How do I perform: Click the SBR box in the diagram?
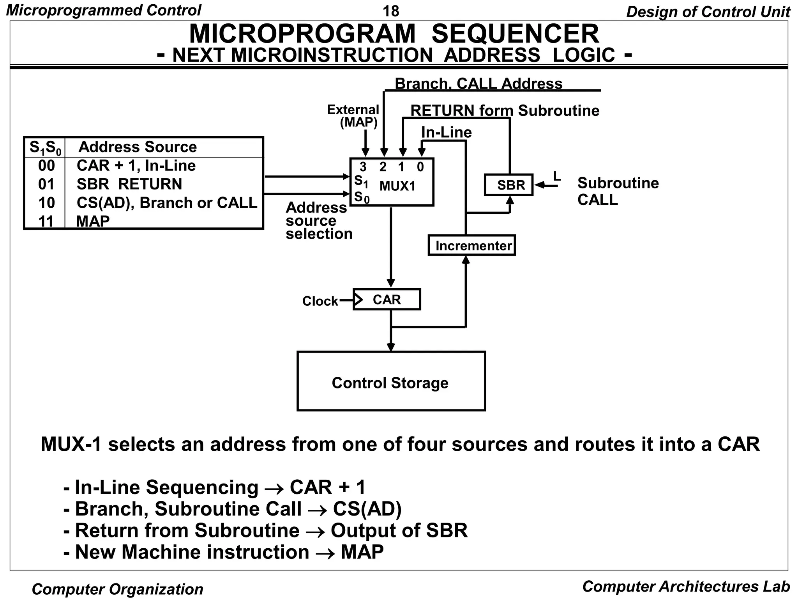pyautogui.click(x=508, y=185)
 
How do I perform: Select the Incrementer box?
pyautogui.click(x=471, y=245)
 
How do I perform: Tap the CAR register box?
pyautogui.click(x=387, y=299)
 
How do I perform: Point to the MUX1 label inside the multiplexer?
pyautogui.click(x=397, y=186)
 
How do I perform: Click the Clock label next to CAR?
pyautogui.click(x=320, y=301)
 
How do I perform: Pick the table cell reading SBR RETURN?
pyautogui.click(x=129, y=184)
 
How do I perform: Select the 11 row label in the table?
pyautogui.click(x=46, y=221)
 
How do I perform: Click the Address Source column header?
pyautogui.click(x=138, y=147)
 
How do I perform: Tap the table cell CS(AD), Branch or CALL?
pyautogui.click(x=167, y=203)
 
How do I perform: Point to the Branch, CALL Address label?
pyautogui.click(x=478, y=83)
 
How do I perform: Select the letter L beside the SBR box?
pyautogui.click(x=557, y=176)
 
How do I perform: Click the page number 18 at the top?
pyautogui.click(x=391, y=11)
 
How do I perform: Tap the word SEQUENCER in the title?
pyautogui.click(x=515, y=34)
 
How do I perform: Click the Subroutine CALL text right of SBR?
pyautogui.click(x=617, y=191)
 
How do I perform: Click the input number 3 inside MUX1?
pyautogui.click(x=363, y=167)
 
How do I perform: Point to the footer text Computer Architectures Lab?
pyautogui.click(x=686, y=586)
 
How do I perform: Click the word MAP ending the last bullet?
pyautogui.click(x=362, y=552)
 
